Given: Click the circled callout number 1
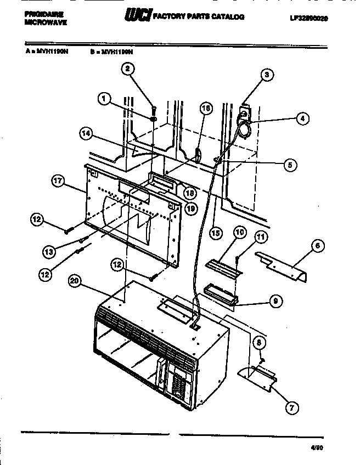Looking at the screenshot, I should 103,99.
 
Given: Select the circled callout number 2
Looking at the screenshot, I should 127,69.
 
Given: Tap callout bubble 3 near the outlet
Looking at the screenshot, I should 267,76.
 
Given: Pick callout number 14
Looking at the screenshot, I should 85,133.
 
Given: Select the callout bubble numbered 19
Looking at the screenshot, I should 191,208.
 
